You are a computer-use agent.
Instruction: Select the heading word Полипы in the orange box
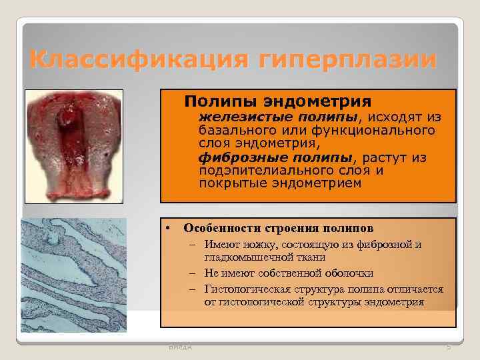tap(218, 101)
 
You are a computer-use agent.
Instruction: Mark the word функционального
tap(376, 131)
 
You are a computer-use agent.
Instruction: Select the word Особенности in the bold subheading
tap(221, 227)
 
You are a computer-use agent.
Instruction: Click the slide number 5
tap(449, 347)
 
